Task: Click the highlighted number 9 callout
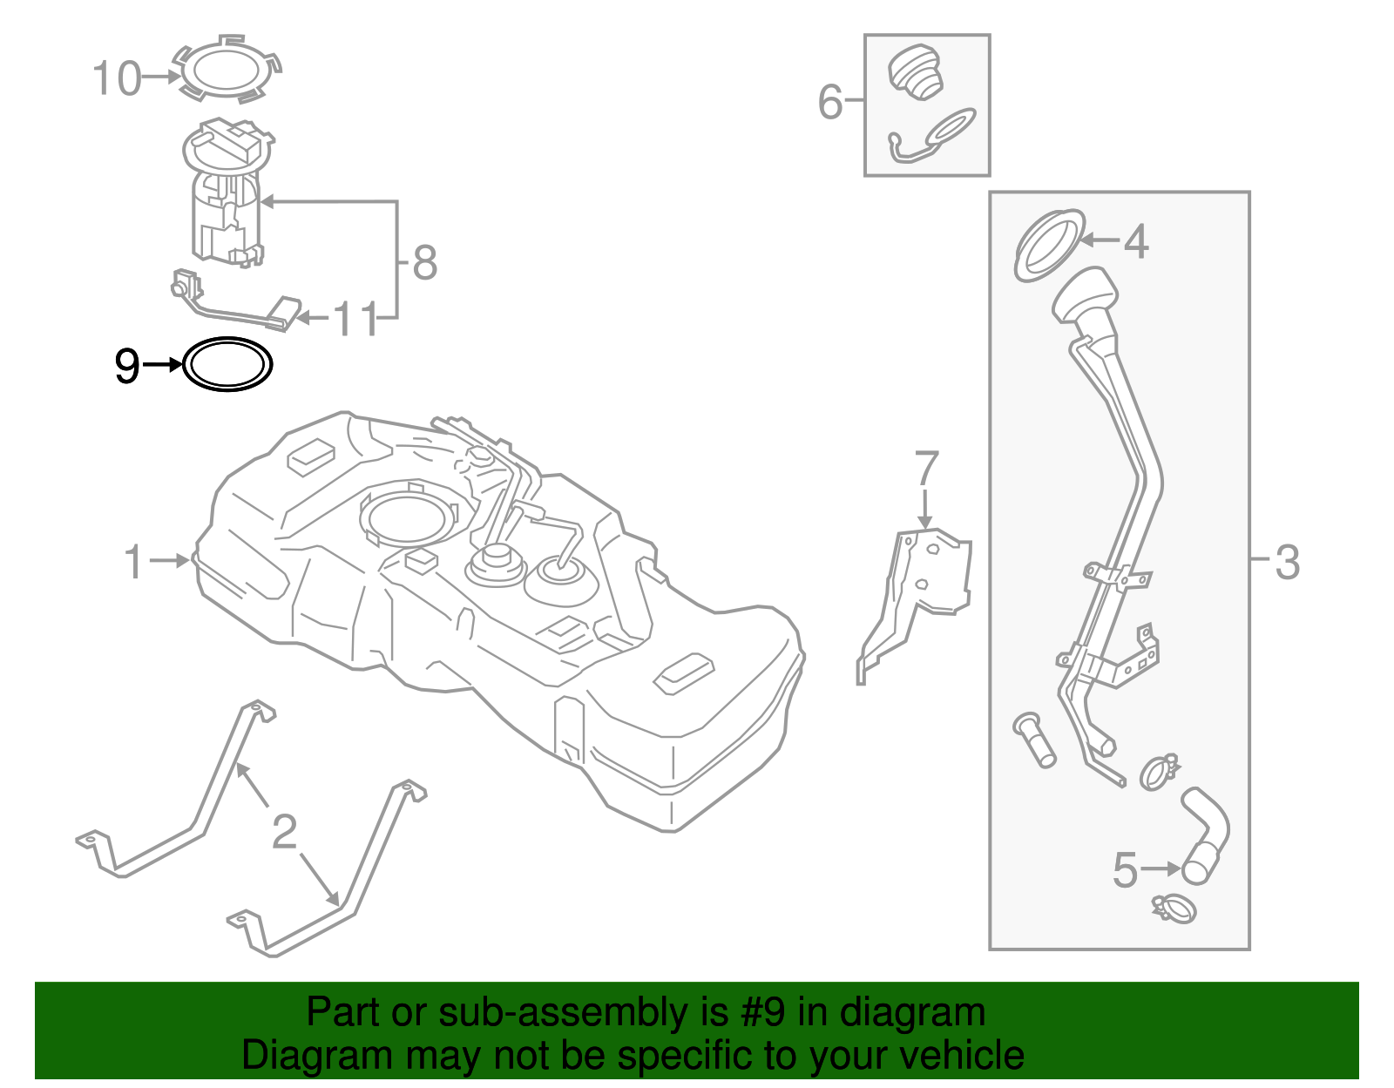(x=127, y=366)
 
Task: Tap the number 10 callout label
(x=117, y=79)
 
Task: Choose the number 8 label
(x=424, y=262)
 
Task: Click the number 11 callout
(x=355, y=320)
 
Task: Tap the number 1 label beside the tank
(x=133, y=562)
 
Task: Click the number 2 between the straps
(x=284, y=832)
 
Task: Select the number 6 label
(x=830, y=102)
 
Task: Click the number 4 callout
(x=1135, y=241)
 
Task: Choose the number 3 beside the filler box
(x=1287, y=562)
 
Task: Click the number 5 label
(x=1125, y=869)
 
